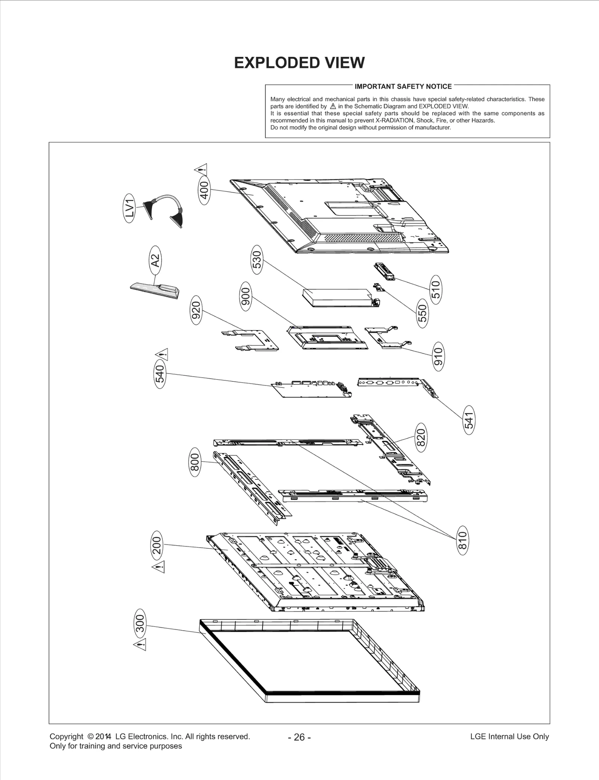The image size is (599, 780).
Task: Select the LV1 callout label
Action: (x=129, y=208)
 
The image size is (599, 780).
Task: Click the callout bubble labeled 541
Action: (x=469, y=420)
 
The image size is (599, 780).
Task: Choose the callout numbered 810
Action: (x=463, y=540)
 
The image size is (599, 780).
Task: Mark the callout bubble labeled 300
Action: (x=140, y=624)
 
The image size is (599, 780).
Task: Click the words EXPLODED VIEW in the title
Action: (x=299, y=63)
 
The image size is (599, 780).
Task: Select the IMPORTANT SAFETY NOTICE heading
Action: (x=403, y=86)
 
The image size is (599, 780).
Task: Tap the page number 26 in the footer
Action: (x=299, y=737)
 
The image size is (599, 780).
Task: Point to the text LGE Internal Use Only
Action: (x=509, y=736)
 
